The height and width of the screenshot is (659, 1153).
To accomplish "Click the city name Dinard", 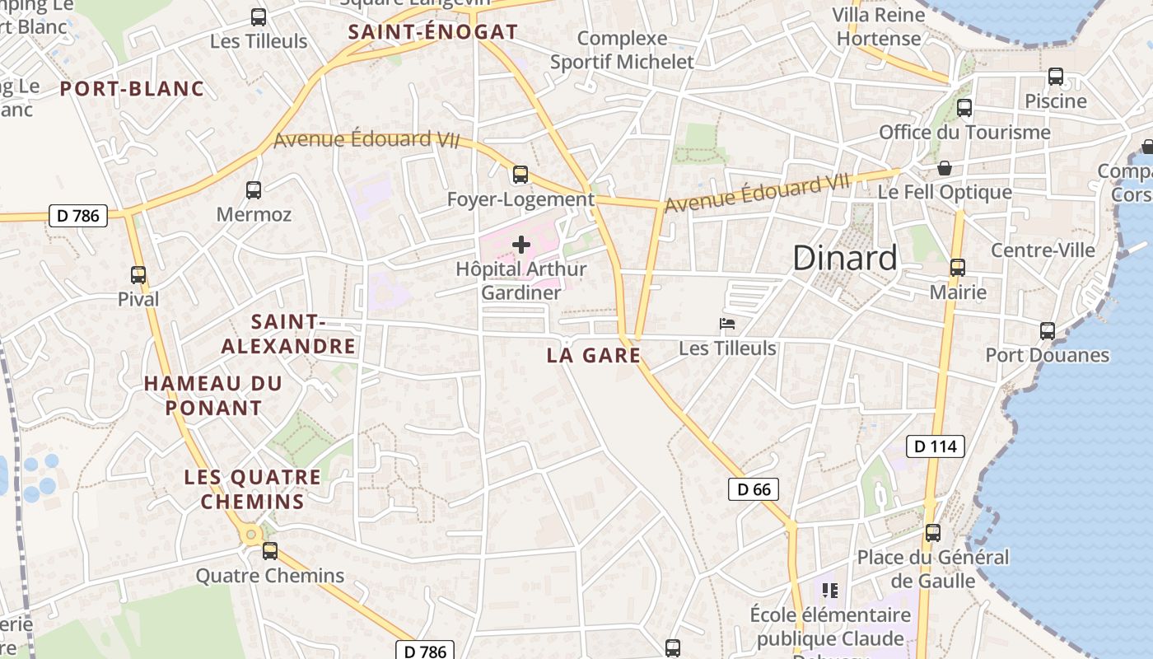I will click(845, 258).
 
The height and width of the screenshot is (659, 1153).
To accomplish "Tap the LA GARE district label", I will click(594, 356).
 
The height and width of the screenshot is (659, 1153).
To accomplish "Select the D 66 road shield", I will click(754, 489).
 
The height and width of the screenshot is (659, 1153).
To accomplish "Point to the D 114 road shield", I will click(936, 446).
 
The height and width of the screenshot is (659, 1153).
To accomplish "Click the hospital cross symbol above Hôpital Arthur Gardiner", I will click(520, 245).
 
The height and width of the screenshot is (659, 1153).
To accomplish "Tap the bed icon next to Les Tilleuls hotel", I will click(726, 324).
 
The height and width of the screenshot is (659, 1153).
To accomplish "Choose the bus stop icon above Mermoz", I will click(254, 190).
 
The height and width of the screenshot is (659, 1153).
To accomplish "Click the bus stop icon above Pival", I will click(138, 275).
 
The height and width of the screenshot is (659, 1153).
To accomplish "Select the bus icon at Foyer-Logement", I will click(520, 175).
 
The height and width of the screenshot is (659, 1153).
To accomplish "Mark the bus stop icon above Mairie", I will click(957, 268).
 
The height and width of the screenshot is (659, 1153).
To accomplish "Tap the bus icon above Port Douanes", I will click(1048, 331).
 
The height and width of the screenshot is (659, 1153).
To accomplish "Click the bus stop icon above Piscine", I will click(1056, 77).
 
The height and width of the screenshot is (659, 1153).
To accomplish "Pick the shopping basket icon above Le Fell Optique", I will click(945, 168).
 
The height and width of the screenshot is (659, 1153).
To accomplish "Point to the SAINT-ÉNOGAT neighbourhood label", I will click(433, 32).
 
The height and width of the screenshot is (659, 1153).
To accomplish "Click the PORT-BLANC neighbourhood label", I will click(132, 89).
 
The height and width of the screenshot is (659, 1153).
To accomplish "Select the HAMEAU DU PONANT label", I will click(213, 395).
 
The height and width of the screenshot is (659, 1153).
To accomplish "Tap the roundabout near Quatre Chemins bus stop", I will click(251, 535).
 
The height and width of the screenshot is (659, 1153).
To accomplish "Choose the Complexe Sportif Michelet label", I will click(623, 50).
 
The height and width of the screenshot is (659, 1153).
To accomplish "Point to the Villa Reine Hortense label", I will click(879, 27).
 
